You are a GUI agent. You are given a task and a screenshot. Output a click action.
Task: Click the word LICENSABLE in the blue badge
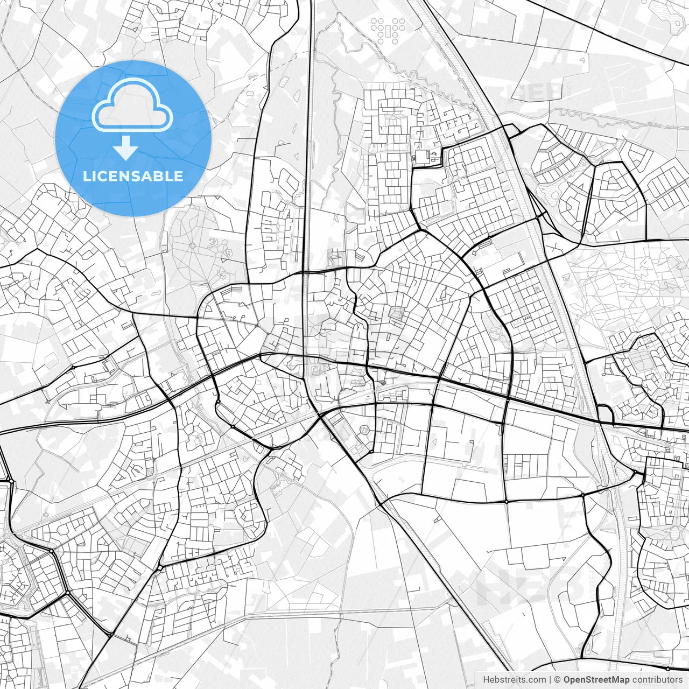[x=132, y=176]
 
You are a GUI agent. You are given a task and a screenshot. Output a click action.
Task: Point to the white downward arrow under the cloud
[x=126, y=149]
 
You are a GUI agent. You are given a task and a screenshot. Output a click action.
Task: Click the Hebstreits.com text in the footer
[x=514, y=680]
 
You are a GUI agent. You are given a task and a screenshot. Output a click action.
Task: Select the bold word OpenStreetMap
[x=596, y=680]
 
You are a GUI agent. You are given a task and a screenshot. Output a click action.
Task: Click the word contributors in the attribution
[x=657, y=680]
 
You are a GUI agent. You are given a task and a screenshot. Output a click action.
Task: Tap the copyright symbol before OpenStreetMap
[x=558, y=680]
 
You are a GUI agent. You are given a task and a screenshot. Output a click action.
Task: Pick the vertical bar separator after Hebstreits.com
[x=550, y=680]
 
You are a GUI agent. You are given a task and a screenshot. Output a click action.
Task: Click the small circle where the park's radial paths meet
[x=192, y=245]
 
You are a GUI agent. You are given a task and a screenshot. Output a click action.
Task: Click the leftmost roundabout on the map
[x=9, y=481]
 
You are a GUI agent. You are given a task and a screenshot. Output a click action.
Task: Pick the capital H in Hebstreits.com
[x=486, y=680]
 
